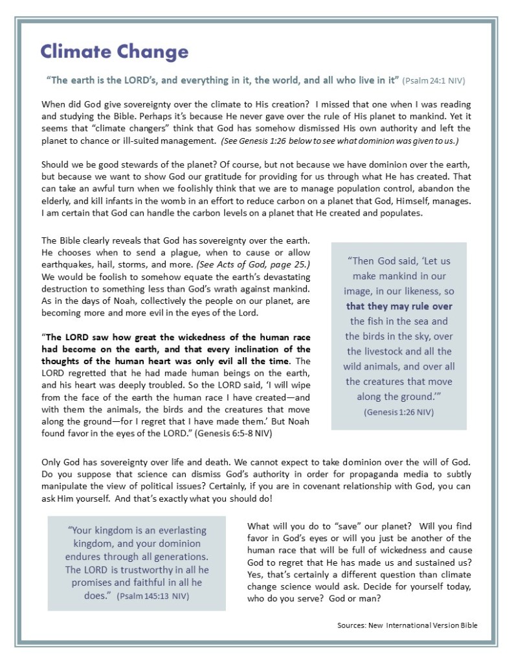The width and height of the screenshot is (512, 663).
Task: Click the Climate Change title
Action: [114, 52]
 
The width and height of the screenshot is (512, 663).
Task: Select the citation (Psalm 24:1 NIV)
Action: [433, 82]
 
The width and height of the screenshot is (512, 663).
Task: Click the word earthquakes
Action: [69, 264]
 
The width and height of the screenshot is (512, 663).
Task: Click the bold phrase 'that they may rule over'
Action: [399, 307]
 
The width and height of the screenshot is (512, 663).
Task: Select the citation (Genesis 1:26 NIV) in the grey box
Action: [398, 412]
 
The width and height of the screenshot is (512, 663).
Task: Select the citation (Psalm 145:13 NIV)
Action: [153, 596]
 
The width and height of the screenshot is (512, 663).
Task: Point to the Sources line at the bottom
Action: [407, 625]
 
